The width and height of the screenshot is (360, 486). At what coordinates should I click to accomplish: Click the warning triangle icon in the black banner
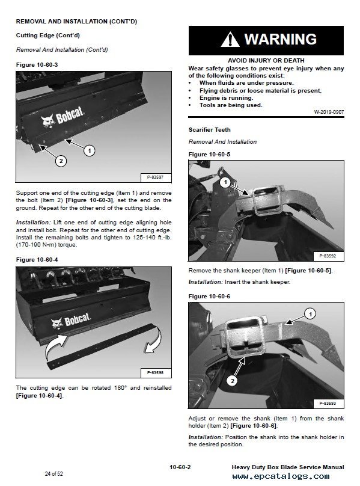230,39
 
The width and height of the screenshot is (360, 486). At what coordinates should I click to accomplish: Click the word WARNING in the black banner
281,39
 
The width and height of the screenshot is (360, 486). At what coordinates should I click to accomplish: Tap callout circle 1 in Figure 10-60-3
90,150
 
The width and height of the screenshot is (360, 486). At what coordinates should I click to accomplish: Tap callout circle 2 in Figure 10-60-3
61,161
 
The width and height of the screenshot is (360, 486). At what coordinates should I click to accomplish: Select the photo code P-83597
155,177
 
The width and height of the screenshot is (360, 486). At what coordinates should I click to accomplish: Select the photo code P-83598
155,372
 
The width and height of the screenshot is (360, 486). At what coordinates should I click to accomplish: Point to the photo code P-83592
328,256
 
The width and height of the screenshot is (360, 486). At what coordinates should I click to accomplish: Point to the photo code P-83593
328,403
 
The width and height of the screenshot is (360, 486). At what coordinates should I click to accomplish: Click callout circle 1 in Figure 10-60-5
225,182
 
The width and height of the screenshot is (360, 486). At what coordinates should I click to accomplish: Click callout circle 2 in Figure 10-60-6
233,381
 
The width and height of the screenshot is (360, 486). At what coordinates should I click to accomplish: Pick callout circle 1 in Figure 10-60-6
311,315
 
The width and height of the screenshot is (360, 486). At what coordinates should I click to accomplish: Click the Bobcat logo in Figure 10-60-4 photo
71,321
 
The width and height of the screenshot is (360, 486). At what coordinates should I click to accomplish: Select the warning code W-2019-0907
329,112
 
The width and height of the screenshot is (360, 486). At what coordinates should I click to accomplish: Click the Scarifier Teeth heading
209,130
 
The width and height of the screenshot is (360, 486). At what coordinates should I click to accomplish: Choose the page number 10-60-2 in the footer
180,467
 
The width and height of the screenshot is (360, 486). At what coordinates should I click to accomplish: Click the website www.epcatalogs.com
281,476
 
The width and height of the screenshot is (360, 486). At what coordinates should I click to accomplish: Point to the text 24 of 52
54,473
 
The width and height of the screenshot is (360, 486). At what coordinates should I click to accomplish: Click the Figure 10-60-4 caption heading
37,260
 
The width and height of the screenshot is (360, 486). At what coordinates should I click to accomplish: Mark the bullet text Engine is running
226,98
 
